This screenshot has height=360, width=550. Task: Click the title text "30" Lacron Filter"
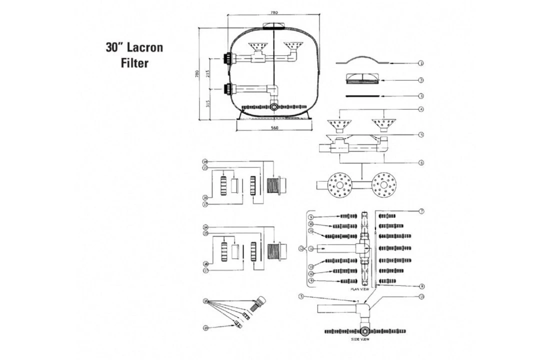pyautogui.click(x=134, y=55)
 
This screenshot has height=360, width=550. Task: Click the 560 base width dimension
pyautogui.click(x=273, y=128)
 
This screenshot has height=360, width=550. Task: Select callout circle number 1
pyautogui.click(x=421, y=63)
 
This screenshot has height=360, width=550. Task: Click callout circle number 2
pyautogui.click(x=421, y=80)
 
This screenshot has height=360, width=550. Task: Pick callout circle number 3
pyautogui.click(x=421, y=95)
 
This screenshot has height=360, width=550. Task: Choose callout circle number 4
pyautogui.click(x=421, y=109)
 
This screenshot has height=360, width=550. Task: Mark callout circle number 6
pyautogui.click(x=421, y=162)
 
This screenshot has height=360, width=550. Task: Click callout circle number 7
pyautogui.click(x=421, y=211)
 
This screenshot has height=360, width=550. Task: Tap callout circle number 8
pyautogui.click(x=421, y=286)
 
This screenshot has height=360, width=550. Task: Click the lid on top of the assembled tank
pyautogui.click(x=273, y=26)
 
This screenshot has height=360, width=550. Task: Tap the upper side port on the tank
pyautogui.click(x=229, y=58)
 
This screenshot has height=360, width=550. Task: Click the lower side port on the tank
pyautogui.click(x=229, y=90)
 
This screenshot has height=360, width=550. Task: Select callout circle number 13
pyautogui.click(x=421, y=296)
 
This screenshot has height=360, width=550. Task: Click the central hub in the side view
pyautogui.click(x=366, y=331)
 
